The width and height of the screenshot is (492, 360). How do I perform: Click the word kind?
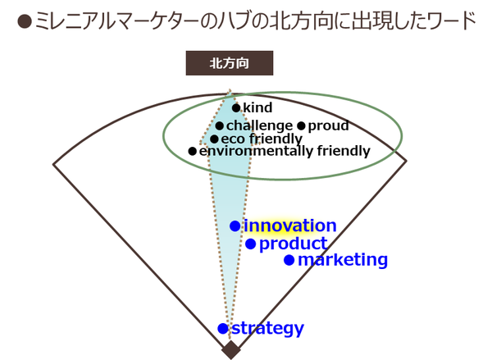[x=257, y=107]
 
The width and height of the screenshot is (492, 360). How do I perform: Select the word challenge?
[x=259, y=125]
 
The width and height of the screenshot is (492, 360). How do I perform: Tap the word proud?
[x=328, y=125]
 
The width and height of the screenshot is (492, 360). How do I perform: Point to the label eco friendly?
[x=262, y=139]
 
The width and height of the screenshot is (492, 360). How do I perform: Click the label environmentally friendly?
[x=285, y=151]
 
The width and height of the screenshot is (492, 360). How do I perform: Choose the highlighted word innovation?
[x=290, y=226]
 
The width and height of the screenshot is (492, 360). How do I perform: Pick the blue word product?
[x=294, y=244]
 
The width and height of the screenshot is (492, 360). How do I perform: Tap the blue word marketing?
[x=343, y=260]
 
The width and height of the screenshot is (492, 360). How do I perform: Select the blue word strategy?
[x=267, y=329]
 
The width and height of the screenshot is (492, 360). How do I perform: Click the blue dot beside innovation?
[x=235, y=226]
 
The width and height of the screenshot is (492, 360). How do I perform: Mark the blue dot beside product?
[x=250, y=244]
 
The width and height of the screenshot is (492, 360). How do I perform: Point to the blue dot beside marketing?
[x=289, y=260]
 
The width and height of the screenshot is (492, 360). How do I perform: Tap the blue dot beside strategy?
[x=223, y=329]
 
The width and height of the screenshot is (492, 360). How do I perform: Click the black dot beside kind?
[x=236, y=108]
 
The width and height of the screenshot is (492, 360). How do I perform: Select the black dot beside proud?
[x=301, y=126]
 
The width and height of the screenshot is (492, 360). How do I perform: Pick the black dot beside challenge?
[x=219, y=126]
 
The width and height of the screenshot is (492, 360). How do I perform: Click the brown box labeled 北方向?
[x=230, y=63]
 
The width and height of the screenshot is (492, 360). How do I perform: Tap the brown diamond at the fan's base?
[x=231, y=350]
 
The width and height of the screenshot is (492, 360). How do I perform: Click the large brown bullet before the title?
[x=25, y=21]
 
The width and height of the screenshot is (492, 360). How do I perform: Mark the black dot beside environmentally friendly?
[x=193, y=151]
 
